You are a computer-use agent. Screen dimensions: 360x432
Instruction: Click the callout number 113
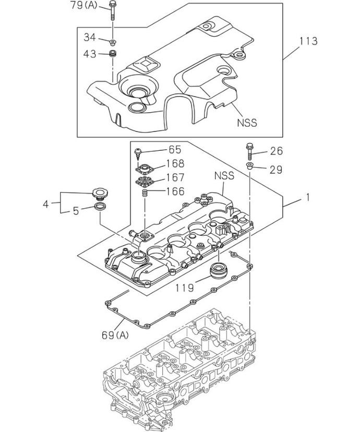point(308,41)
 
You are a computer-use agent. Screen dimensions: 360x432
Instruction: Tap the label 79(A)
point(83,5)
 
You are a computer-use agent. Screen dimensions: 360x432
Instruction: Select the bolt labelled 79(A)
point(112,10)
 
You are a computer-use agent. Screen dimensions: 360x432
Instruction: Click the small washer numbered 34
point(113,42)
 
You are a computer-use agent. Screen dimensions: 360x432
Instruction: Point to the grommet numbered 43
point(113,53)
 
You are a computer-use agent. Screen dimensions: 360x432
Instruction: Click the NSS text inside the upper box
point(247,122)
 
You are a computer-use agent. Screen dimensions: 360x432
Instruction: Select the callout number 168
point(175,164)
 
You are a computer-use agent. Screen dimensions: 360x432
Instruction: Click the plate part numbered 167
point(145,182)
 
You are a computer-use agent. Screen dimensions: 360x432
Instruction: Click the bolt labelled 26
point(249,151)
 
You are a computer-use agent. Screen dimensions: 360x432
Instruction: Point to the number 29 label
point(276,170)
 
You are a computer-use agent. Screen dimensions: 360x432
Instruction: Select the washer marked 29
point(249,166)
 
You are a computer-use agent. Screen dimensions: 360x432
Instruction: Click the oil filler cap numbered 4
point(100,193)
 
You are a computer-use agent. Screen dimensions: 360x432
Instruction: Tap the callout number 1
point(308,197)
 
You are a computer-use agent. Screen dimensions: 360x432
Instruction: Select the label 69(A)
point(115,335)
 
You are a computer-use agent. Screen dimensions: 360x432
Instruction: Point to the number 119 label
point(185,288)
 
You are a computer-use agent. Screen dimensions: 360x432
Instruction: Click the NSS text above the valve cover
point(224,175)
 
